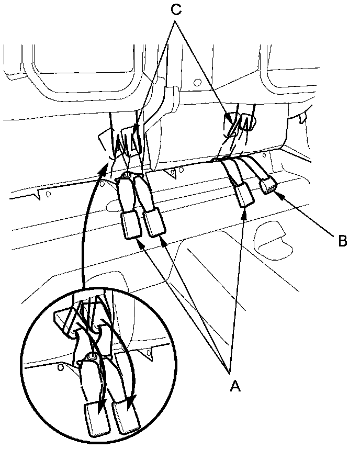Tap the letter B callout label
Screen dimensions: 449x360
click(x=342, y=241)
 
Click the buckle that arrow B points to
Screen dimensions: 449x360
click(x=267, y=185)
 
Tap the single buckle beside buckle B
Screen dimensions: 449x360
click(x=244, y=197)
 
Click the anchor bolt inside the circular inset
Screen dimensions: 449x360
click(x=90, y=357)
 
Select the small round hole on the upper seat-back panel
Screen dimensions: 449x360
click(x=197, y=82)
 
